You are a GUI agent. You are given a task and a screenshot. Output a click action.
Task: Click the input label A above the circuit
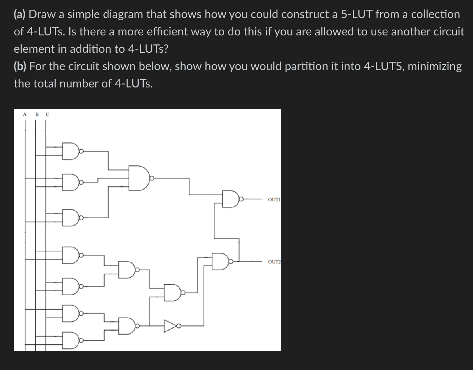pyautogui.click(x=25, y=115)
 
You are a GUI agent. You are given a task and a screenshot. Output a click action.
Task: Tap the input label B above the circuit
pyautogui.click(x=36, y=115)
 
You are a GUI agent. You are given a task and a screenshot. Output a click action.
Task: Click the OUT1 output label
pyautogui.click(x=274, y=199)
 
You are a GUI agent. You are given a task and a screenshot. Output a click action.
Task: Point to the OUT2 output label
pyautogui.click(x=274, y=262)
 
